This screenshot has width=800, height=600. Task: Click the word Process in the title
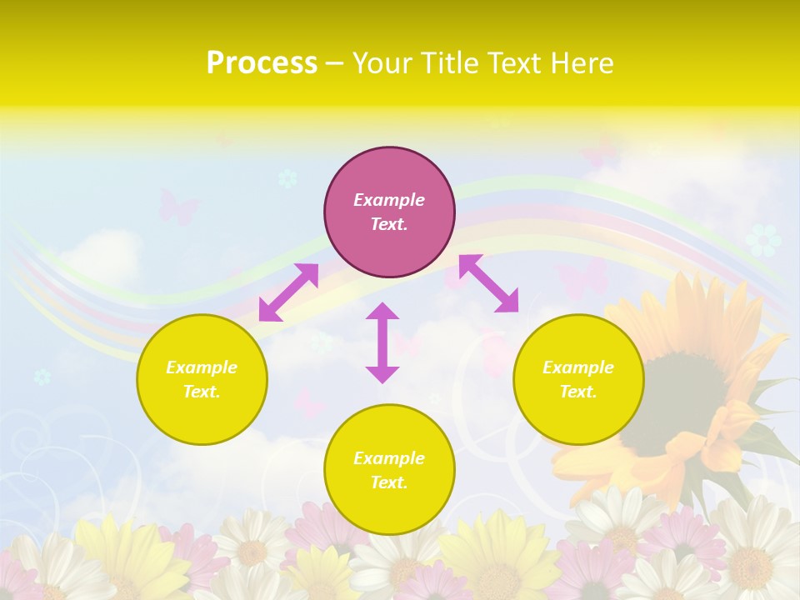pos(262,63)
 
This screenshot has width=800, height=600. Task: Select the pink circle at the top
pos(389,212)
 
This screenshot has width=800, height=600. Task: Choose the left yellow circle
pos(202,379)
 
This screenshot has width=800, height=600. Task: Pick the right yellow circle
pos(578,379)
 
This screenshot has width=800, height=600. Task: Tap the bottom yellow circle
pos(389,469)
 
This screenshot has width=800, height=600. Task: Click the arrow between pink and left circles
pos(288,292)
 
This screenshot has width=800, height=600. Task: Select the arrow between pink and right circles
pos(488,283)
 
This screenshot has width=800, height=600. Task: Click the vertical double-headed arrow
pos(382,342)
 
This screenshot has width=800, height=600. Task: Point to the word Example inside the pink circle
pos(389,200)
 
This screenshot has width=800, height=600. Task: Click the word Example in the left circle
pos(202,367)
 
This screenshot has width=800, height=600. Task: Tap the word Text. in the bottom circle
pos(389,482)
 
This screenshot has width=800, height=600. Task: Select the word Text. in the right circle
pos(578,392)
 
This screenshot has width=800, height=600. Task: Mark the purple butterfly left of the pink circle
pos(177,207)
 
